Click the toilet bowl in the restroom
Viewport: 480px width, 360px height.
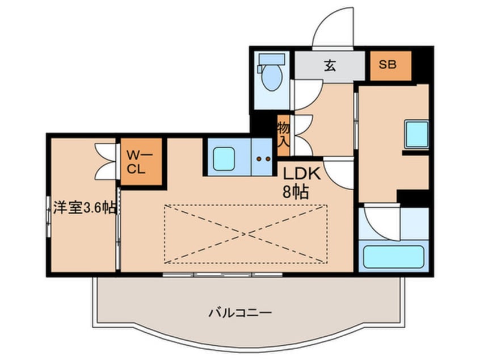pos(272,78)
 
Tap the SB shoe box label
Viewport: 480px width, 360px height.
pos(388,64)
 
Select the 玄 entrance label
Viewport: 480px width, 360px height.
pos(330,65)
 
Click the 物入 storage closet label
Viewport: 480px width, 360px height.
pos(283,135)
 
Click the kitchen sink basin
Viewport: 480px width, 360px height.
pos(224,158)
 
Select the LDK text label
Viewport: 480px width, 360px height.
pos(301,174)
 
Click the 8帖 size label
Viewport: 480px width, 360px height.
pos(295,192)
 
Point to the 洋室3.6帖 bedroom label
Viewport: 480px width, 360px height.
pos(85,208)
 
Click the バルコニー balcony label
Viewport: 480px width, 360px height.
pos(240,313)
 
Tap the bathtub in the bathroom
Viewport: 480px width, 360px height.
pos(393,257)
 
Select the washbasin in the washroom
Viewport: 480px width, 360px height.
pos(416,133)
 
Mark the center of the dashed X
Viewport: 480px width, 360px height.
pos(246,235)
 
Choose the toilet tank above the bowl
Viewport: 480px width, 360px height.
pos(272,59)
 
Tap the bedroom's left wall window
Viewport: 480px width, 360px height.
pos(48,216)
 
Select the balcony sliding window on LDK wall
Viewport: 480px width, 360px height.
pos(222,274)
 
